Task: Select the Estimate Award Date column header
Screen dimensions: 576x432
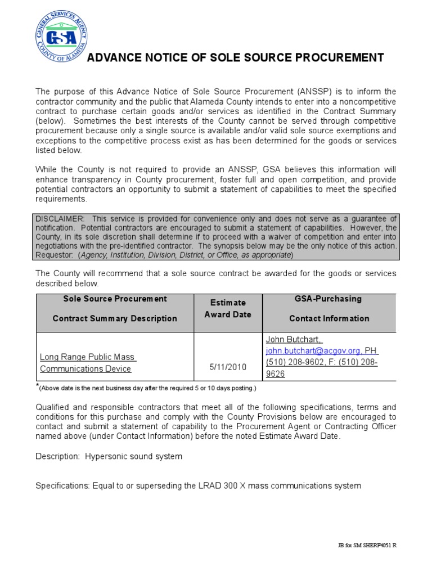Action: pos(228,308)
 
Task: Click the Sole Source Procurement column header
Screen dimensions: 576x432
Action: pos(115,308)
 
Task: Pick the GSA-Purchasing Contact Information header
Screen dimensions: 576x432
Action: pos(329,308)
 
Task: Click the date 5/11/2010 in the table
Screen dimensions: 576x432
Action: pos(228,367)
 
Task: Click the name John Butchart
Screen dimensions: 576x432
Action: pos(292,340)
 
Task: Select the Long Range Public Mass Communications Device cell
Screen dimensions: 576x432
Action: pos(88,363)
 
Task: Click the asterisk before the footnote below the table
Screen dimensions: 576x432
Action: pos(37,386)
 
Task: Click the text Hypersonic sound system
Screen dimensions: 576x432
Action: pos(133,456)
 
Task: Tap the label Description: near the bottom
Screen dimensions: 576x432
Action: pos(58,456)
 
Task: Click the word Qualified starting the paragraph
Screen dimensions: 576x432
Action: pos(54,407)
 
